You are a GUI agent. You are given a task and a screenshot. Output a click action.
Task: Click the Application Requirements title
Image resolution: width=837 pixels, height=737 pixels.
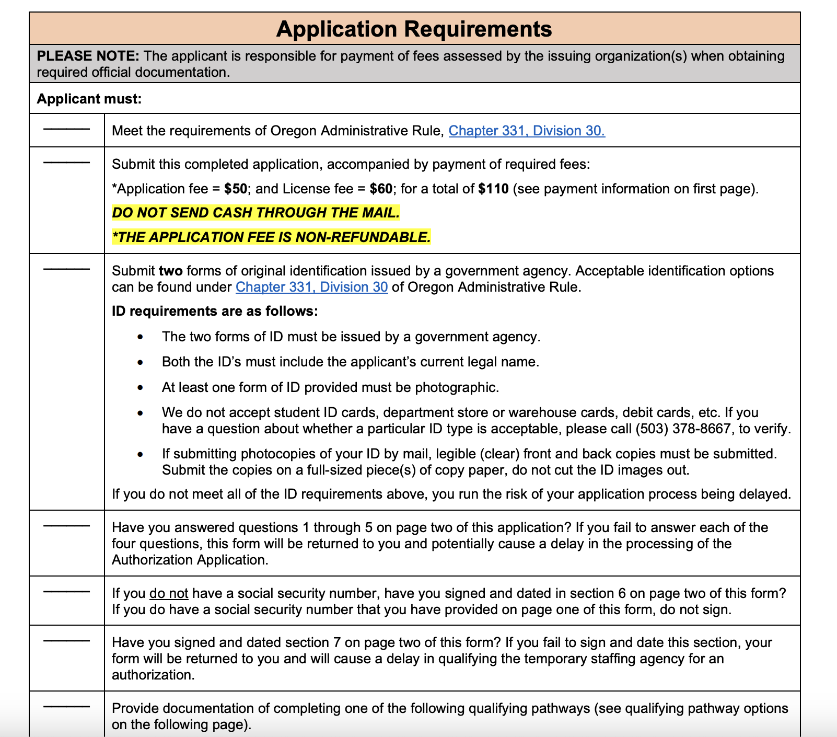pyautogui.click(x=414, y=29)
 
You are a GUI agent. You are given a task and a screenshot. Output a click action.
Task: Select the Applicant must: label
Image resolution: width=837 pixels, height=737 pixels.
pyautogui.click(x=89, y=99)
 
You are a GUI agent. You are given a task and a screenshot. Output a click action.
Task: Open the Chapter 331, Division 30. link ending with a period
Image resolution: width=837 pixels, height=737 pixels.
pyautogui.click(x=526, y=131)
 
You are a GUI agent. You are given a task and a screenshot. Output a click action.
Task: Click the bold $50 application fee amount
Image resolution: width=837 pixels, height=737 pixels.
pyautogui.click(x=236, y=189)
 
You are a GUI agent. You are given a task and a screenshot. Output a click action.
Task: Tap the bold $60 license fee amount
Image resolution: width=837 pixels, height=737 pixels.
pyautogui.click(x=381, y=189)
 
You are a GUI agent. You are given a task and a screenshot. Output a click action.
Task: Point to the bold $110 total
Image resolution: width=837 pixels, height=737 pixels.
pyautogui.click(x=493, y=189)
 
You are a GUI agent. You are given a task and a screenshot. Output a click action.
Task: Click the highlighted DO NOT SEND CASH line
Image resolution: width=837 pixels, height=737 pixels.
pyautogui.click(x=256, y=213)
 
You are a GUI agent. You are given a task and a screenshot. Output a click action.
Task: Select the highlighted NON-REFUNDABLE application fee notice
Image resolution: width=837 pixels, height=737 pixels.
pyautogui.click(x=272, y=237)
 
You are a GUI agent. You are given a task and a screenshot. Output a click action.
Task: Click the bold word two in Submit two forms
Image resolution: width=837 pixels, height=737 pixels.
pyautogui.click(x=171, y=271)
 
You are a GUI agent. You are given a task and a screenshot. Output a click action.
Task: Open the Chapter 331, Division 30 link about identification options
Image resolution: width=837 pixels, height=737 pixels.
pyautogui.click(x=311, y=287)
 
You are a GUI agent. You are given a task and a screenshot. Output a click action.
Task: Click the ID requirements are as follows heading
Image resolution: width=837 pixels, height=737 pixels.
pyautogui.click(x=215, y=312)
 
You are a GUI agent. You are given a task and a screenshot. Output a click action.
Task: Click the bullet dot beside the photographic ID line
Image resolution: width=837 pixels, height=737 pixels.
pyautogui.click(x=140, y=388)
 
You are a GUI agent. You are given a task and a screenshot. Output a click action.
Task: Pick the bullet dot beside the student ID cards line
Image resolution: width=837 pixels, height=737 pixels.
pyautogui.click(x=140, y=413)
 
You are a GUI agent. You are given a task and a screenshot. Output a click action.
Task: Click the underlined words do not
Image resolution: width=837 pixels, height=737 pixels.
pyautogui.click(x=169, y=594)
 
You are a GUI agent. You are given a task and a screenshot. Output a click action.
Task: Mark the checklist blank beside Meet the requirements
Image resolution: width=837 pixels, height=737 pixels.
pyautogui.click(x=66, y=129)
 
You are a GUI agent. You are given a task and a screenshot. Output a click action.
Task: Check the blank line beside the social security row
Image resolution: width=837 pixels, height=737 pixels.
pyautogui.click(x=66, y=592)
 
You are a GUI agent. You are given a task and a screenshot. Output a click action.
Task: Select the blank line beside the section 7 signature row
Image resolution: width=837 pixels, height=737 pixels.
pyautogui.click(x=66, y=641)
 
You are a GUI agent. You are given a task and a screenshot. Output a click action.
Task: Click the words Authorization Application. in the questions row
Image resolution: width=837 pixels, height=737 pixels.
pyautogui.click(x=190, y=560)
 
